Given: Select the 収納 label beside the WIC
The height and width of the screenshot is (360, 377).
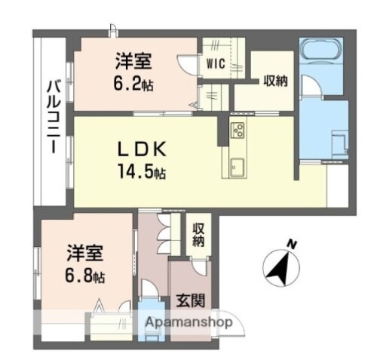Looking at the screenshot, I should coord(275,81).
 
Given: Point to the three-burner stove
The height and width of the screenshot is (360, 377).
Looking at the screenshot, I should coord(237,130).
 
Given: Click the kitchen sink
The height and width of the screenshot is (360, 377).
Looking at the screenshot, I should coord(236,167).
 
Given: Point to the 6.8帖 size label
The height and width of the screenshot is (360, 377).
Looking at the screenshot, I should coord(84,274).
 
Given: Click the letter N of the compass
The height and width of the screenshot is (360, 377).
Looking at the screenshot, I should coord(290,243).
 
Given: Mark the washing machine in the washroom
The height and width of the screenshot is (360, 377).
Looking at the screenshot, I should coord(336,140).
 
